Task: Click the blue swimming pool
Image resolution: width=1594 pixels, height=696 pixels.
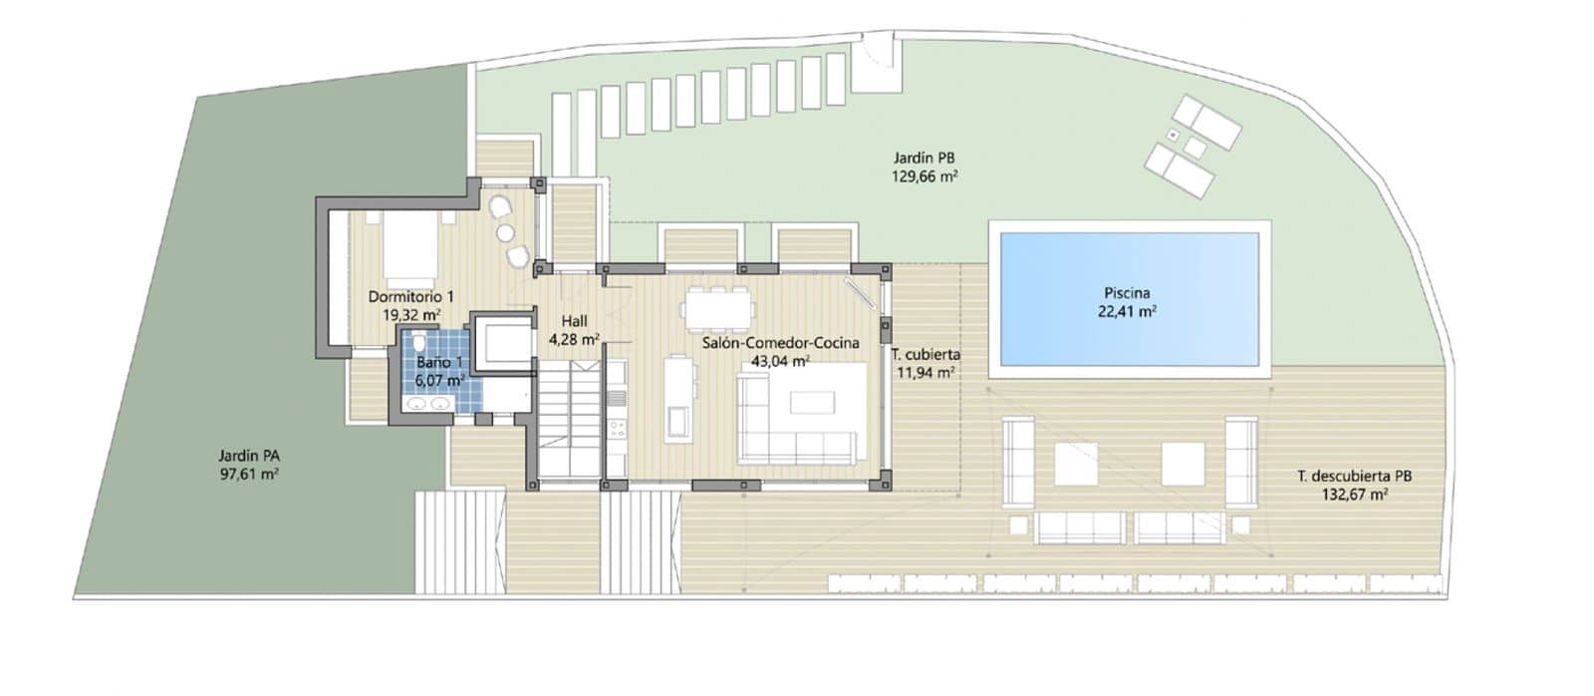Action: [1130, 299]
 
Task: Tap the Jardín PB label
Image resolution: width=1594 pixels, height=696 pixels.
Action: [924, 159]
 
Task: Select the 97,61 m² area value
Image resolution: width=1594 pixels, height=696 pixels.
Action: [249, 474]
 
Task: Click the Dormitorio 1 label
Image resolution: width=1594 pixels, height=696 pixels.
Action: [410, 296]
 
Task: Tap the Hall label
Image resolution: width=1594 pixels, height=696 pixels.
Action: [574, 321]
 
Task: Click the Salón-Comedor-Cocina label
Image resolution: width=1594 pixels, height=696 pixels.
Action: [781, 343]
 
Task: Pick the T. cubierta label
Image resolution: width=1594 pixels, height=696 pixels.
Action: [926, 354]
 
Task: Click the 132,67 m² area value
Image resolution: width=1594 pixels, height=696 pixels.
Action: [1355, 495]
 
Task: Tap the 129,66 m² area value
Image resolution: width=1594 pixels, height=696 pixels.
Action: [925, 175]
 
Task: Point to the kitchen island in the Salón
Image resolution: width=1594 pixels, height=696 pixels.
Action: [679, 399]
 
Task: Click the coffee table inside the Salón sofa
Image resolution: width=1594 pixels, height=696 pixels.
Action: [813, 403]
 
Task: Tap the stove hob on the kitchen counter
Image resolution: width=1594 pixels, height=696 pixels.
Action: [617, 429]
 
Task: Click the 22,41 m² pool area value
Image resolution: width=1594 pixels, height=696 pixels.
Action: [1127, 311]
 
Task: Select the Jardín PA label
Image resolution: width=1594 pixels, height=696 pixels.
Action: [249, 456]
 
